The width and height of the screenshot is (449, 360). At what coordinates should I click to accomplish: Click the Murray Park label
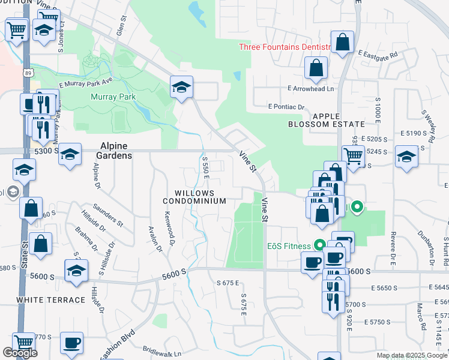[113, 97]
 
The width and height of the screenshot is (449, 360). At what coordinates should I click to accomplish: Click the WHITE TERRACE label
[50, 299]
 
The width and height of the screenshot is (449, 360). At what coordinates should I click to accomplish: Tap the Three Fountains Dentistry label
[285, 47]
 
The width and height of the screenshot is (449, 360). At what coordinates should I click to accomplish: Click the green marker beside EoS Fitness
[319, 245]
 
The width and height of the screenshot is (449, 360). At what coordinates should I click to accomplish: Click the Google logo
[20, 353]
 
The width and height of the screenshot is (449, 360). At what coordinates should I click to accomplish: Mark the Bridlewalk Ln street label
[161, 349]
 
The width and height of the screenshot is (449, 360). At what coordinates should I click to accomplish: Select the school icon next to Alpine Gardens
[70, 155]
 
